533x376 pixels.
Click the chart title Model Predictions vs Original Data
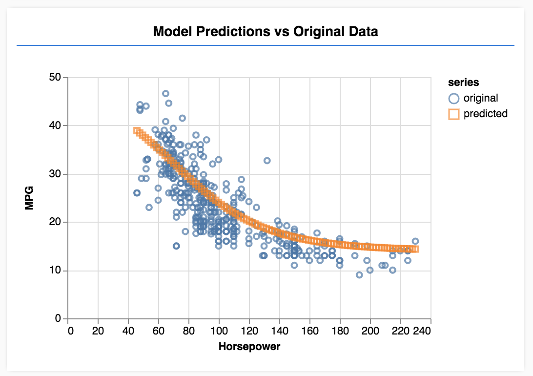(266, 32)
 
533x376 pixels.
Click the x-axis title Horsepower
(249, 347)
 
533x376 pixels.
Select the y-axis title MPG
(30, 198)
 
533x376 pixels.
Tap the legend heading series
(463, 83)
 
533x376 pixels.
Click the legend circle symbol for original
(454, 98)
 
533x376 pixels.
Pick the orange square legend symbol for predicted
(454, 114)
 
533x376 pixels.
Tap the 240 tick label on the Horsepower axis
(422, 331)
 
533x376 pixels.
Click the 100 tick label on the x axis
(219, 331)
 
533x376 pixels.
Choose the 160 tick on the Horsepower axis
(310, 331)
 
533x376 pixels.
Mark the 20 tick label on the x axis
(98, 331)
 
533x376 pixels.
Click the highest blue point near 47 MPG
(165, 93)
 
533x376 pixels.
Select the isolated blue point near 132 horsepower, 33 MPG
(267, 161)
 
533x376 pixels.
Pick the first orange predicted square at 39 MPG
(137, 130)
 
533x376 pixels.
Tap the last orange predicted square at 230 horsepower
(415, 249)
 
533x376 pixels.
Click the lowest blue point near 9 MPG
(359, 275)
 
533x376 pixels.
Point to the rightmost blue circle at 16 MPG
(415, 241)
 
